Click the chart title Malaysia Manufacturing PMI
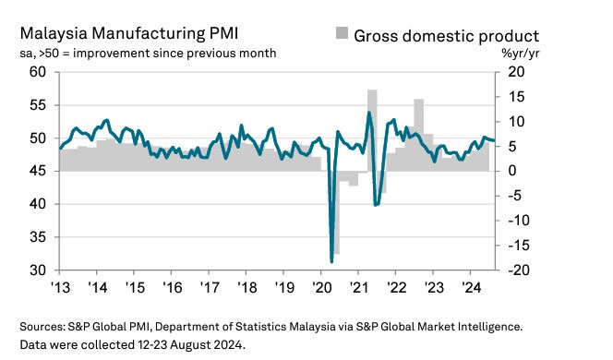[129, 33]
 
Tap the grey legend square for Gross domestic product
[342, 33]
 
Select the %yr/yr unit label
[520, 54]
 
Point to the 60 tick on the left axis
[38, 72]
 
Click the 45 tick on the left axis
[38, 171]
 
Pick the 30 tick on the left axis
[38, 270]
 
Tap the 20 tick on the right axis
[516, 72]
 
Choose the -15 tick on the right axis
[519, 246]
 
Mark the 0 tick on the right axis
[511, 171]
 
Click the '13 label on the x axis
[61, 288]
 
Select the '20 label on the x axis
[322, 288]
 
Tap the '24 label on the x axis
[472, 288]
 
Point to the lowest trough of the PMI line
[331, 261]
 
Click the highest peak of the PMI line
[368, 113]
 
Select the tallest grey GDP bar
[372, 130]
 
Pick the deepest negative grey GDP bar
[336, 212]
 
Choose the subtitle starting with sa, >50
[148, 54]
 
